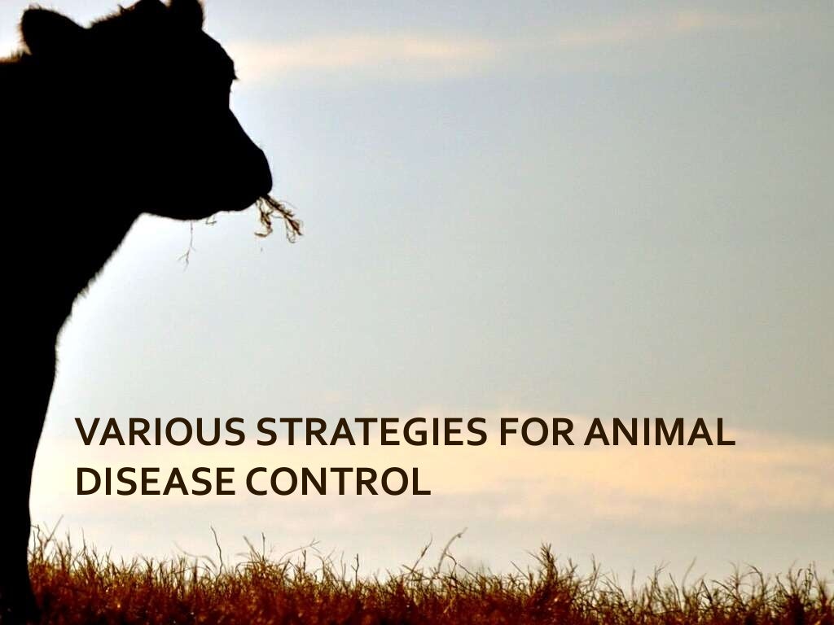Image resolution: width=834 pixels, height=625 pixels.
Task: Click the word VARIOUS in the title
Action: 160,432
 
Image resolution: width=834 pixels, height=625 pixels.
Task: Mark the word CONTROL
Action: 338,481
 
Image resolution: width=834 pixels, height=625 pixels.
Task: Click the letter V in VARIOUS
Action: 87,432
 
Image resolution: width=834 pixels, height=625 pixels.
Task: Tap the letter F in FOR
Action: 508,432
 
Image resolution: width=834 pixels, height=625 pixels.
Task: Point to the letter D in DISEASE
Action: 86,481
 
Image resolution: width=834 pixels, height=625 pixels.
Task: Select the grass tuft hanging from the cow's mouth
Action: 277,216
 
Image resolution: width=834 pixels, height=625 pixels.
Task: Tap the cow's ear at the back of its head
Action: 45,28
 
